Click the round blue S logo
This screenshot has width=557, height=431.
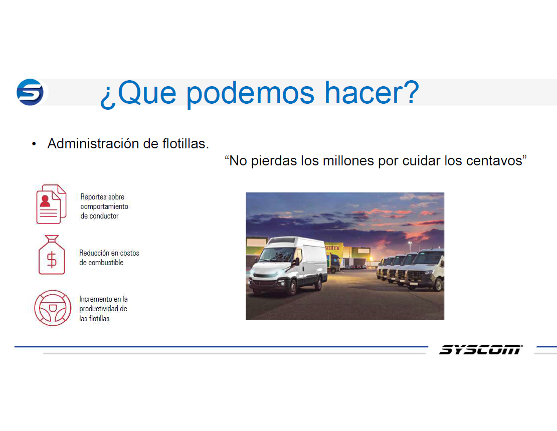[30, 92]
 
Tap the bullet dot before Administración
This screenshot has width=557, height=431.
[34, 144]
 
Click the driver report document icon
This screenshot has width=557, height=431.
[51, 204]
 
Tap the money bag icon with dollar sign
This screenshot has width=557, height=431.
[52, 255]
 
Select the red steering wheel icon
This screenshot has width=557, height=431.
[53, 308]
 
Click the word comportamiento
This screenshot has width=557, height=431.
[104, 206]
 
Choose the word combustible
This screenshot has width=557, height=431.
[105, 263]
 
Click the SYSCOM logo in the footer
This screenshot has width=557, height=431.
[481, 350]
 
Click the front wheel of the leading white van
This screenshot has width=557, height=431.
[293, 287]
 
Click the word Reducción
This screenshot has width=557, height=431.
[94, 253]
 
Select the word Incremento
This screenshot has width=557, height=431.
[95, 299]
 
